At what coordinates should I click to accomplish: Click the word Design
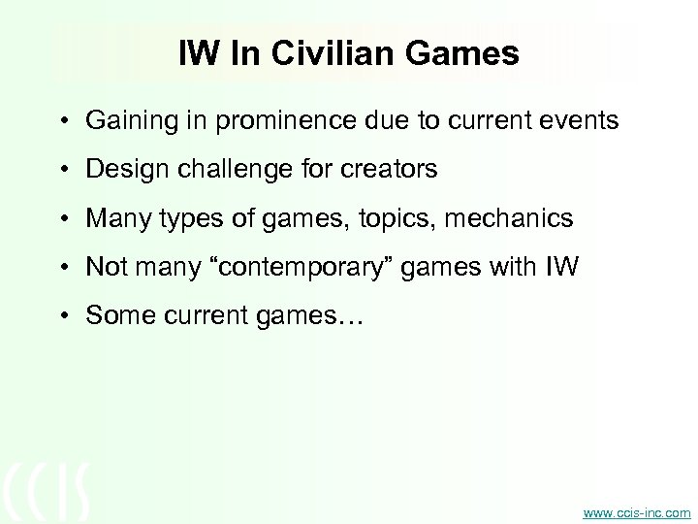pos(119,170)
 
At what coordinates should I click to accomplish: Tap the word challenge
pos(216,170)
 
